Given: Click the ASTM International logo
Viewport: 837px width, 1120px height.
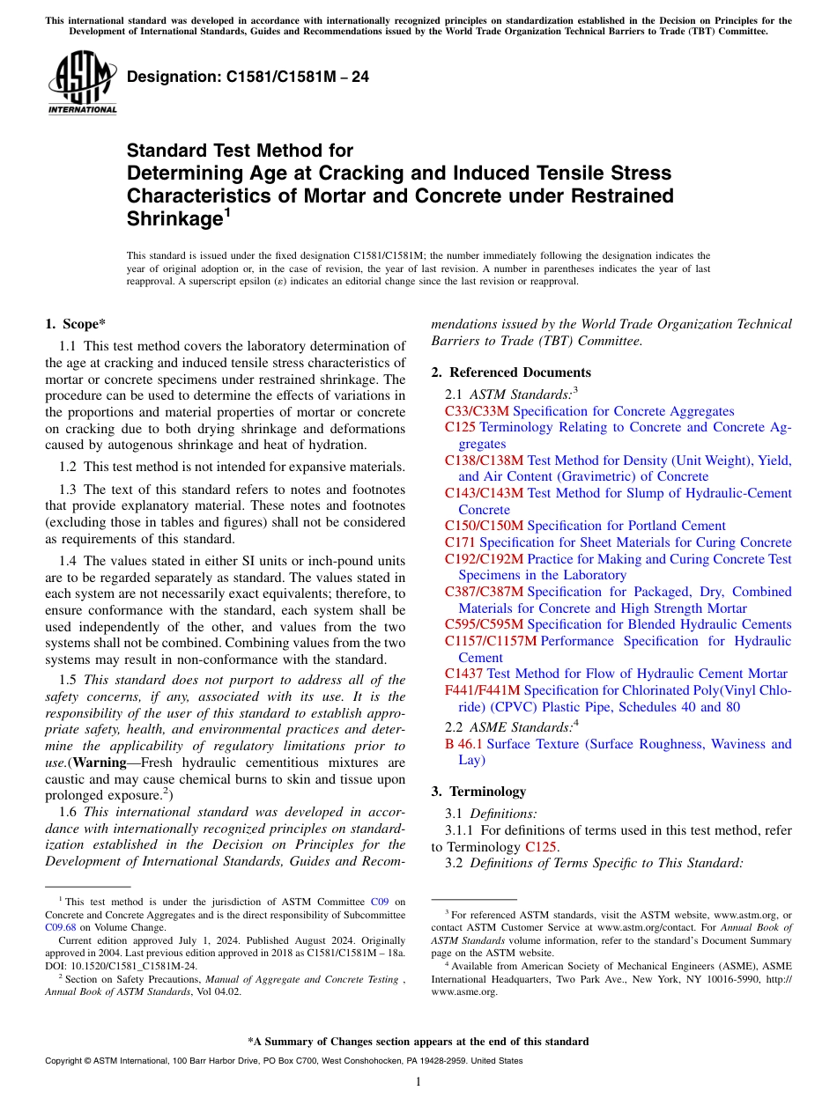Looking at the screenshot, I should [x=82, y=84].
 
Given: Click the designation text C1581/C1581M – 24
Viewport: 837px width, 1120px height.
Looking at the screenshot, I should [x=248, y=77].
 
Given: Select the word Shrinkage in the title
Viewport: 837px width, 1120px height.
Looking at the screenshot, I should [x=172, y=219].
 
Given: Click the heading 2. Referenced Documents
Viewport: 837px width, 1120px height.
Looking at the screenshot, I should [x=511, y=372].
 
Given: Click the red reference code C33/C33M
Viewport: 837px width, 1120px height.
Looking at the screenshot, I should [x=477, y=411].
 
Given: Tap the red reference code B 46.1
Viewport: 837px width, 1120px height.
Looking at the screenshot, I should [x=463, y=744].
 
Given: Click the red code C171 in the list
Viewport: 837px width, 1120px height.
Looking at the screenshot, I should [x=460, y=542].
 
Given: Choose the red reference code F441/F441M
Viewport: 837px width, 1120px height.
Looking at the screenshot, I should [x=482, y=690].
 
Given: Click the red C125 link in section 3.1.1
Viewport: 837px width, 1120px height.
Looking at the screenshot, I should [x=541, y=847].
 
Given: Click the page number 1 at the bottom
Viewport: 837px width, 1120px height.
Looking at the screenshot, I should [x=418, y=1081].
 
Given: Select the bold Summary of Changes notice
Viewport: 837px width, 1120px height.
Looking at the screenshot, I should [x=418, y=1042].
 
